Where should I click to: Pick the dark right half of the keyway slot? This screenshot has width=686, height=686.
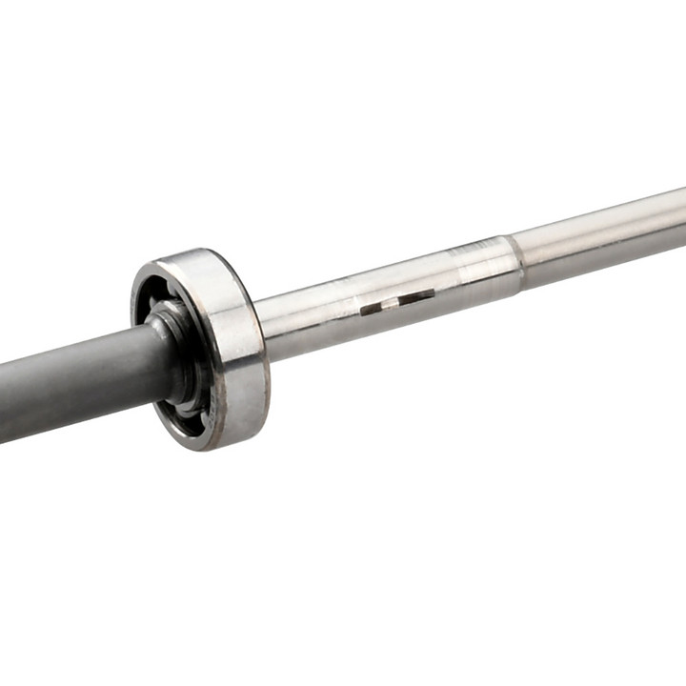pyautogui.click(x=416, y=297)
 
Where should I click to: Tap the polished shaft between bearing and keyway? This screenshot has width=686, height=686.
pyautogui.click(x=305, y=319)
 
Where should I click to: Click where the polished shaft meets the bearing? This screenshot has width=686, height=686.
pyautogui.click(x=262, y=329)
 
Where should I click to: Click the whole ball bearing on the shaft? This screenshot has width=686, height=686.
pyautogui.click(x=200, y=348)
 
